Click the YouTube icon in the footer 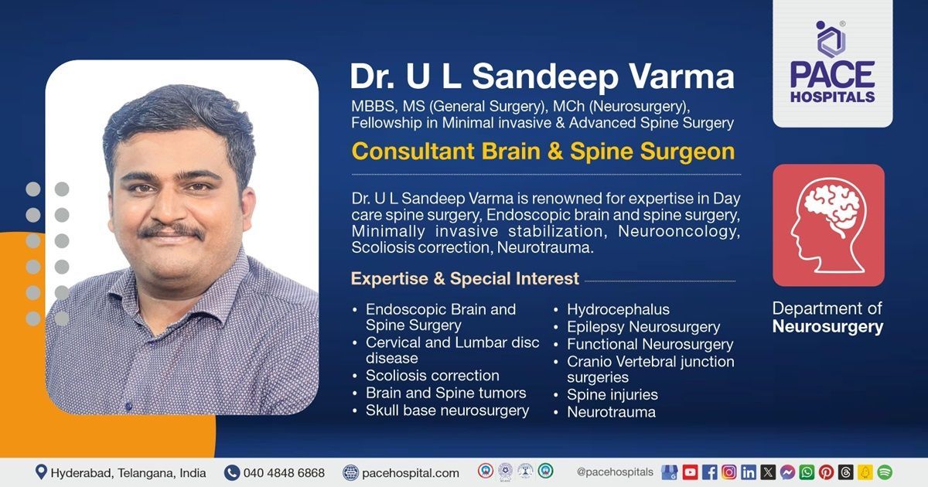pyautogui.click(x=690, y=472)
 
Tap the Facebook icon pyautogui.click(x=710, y=472)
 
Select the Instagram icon pyautogui.click(x=729, y=472)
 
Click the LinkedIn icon pyautogui.click(x=749, y=472)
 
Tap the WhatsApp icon pyautogui.click(x=807, y=472)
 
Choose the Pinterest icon pyautogui.click(x=826, y=472)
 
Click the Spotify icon pyautogui.click(x=885, y=472)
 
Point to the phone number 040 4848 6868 pyautogui.click(x=284, y=472)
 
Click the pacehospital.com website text pyautogui.click(x=411, y=472)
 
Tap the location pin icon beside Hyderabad pyautogui.click(x=41, y=472)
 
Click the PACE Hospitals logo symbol pyautogui.click(x=831, y=39)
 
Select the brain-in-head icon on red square pyautogui.click(x=828, y=225)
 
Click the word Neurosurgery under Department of pyautogui.click(x=827, y=327)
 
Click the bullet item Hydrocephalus pyautogui.click(x=618, y=309)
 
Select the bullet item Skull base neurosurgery pyautogui.click(x=447, y=410)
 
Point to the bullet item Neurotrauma pyautogui.click(x=611, y=412)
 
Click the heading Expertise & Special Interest pyautogui.click(x=465, y=278)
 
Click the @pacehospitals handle pyautogui.click(x=615, y=472)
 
